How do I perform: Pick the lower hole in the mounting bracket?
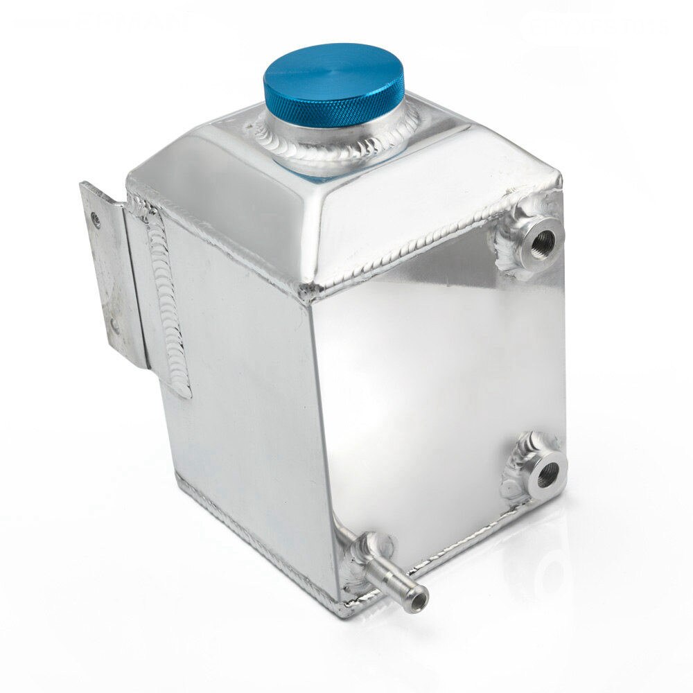point(114,326)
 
